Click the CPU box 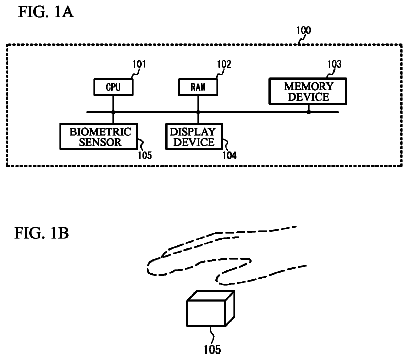(x=113, y=87)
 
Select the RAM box (x=198, y=87)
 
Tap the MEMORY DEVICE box (x=308, y=91)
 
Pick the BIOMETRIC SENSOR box (x=99, y=137)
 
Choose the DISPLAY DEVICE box (x=194, y=137)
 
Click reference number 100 (x=304, y=30)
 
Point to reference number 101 (x=139, y=64)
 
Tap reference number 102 (x=224, y=64)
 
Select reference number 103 (x=334, y=64)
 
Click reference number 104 (x=230, y=155)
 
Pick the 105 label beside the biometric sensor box (x=145, y=155)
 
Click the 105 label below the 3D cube (x=212, y=349)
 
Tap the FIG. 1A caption (x=46, y=12)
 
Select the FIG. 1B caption (x=42, y=233)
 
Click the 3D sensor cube (x=210, y=308)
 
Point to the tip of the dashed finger (x=147, y=268)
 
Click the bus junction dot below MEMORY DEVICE (x=309, y=112)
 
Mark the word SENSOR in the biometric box (x=100, y=142)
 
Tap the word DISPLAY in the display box (x=193, y=131)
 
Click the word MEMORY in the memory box (x=309, y=86)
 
